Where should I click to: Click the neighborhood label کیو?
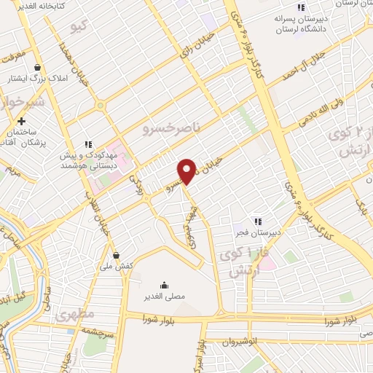79,28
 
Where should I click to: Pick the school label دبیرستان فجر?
256,232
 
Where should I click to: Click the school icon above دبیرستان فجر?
256,221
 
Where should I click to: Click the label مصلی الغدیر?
164,297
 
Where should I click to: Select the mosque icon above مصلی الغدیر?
164,285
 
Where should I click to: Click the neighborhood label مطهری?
76,314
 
